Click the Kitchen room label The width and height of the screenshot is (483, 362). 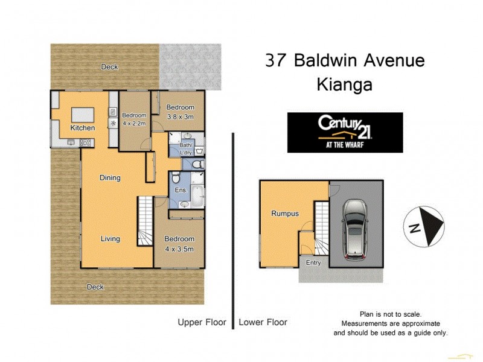point(82,128)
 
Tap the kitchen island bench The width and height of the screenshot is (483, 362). point(82,115)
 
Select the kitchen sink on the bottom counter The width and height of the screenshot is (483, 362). point(71,142)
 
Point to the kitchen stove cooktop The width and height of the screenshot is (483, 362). point(85,142)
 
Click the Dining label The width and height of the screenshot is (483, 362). point(110,177)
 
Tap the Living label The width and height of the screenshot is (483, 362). point(110,239)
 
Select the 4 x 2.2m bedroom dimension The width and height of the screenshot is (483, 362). point(134,123)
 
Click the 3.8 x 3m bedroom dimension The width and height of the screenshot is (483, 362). point(180,117)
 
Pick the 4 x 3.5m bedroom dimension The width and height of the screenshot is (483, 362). point(179,248)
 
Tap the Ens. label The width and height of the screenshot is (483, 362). point(181,190)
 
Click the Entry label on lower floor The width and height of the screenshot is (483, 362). point(313,262)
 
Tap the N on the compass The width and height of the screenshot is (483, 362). point(414,228)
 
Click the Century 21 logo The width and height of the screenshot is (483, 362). point(344,132)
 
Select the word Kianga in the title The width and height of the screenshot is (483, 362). point(344,85)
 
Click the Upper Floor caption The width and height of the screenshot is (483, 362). point(202,322)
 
